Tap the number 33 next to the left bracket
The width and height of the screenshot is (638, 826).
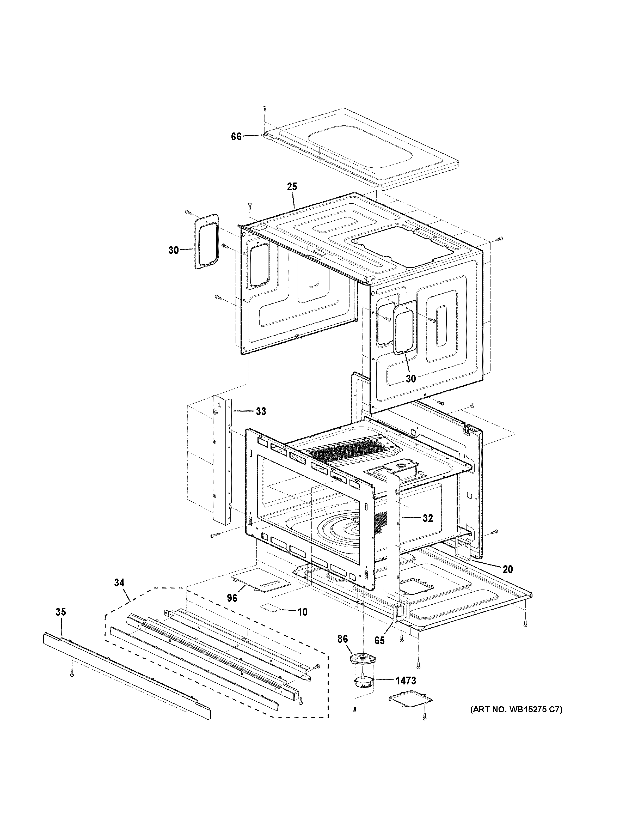pyautogui.click(x=261, y=411)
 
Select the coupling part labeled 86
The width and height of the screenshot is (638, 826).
pyautogui.click(x=362, y=659)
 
